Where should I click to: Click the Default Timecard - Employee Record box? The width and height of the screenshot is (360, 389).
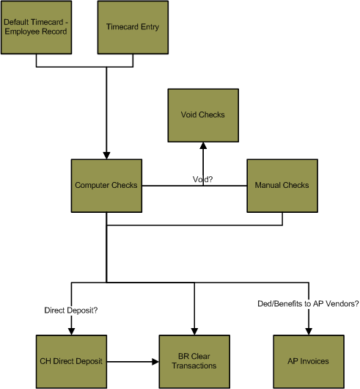(36, 27)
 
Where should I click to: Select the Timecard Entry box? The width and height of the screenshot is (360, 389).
(133, 27)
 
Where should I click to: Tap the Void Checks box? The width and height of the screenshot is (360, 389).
(203, 115)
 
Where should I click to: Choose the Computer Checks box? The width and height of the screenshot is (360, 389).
(106, 186)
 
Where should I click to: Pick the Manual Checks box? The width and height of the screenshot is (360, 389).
(282, 186)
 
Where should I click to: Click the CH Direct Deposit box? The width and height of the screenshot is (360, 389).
(71, 362)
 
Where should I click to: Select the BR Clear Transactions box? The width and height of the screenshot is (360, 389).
(194, 362)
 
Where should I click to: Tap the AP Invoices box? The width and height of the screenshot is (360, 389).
(309, 362)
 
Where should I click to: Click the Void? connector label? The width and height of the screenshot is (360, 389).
(202, 179)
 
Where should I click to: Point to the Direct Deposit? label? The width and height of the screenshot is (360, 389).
(71, 310)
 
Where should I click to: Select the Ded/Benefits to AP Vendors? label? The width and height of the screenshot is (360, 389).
(308, 304)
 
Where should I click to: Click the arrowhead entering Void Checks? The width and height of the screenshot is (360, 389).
(203, 145)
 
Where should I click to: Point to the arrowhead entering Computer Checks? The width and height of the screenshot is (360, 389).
(106, 156)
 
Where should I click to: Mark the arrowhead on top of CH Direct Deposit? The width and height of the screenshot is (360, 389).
(71, 332)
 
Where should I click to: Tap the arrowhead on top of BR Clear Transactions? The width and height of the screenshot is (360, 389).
(194, 332)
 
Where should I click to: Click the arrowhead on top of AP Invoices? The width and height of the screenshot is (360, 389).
(309, 332)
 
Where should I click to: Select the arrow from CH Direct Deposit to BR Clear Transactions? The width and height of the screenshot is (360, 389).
(133, 362)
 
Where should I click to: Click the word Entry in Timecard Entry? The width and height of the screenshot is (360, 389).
(150, 27)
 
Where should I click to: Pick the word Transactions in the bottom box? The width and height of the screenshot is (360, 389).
(194, 366)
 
